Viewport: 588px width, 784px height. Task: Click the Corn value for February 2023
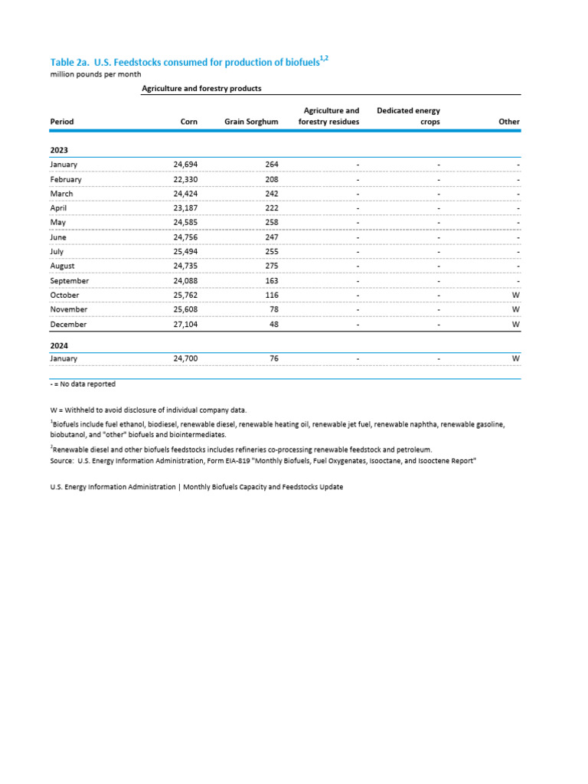185,179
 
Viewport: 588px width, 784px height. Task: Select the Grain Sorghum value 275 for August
270,266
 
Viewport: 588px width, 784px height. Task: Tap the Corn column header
188,122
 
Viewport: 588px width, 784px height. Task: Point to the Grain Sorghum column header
251,122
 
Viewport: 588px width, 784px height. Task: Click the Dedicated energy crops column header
408,116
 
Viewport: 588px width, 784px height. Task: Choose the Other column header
509,122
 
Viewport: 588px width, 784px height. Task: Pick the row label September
69,280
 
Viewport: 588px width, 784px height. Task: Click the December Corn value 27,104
185,324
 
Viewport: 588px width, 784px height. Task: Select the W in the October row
516,295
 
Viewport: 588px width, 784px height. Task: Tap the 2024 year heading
59,345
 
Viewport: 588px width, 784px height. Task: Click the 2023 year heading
59,151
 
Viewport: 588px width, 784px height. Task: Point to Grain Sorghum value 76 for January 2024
273,358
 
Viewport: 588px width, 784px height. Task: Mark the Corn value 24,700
185,358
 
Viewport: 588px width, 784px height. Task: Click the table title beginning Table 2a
191,63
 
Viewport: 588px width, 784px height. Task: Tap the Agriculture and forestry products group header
201,89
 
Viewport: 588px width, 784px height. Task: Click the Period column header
62,122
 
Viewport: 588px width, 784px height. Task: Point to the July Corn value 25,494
185,251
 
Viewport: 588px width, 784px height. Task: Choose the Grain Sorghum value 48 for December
273,324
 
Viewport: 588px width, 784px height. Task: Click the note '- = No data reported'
83,384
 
